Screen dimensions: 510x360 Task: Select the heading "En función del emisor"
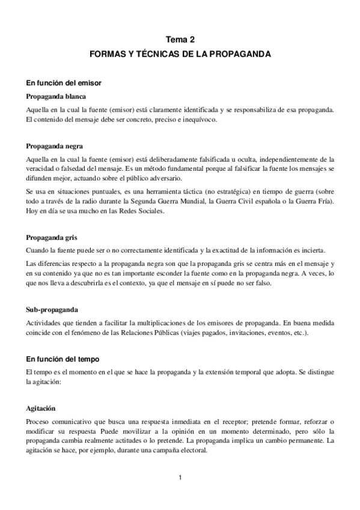66,82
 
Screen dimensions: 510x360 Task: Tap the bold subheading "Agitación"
45,407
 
